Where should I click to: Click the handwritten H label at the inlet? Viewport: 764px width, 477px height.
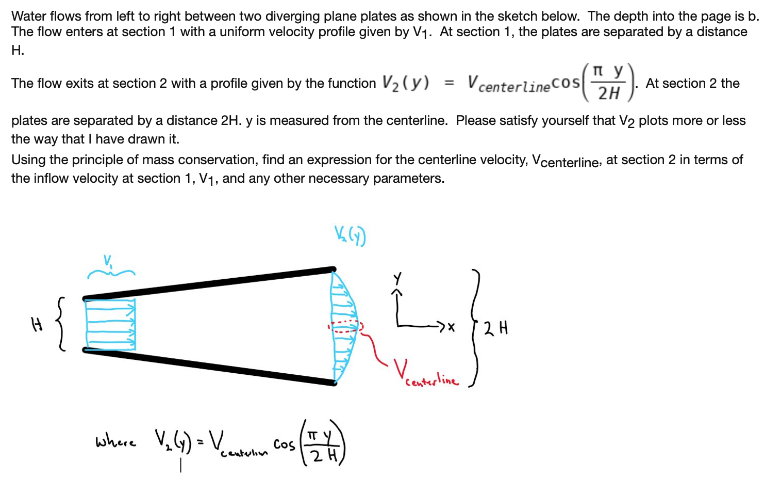(37, 324)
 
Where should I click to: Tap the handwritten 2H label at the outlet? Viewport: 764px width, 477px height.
(496, 328)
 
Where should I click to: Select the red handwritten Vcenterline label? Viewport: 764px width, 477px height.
(426, 373)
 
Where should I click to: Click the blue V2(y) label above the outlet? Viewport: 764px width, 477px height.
(350, 235)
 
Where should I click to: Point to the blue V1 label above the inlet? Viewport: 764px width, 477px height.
(108, 261)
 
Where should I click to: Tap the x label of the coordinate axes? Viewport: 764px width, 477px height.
(451, 327)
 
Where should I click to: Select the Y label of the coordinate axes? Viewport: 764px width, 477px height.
(397, 278)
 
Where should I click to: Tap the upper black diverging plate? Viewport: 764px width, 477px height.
(209, 283)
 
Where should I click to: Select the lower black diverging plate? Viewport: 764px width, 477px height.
(209, 367)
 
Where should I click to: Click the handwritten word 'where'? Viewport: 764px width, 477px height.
(115, 441)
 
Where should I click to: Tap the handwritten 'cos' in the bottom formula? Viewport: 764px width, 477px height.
(284, 444)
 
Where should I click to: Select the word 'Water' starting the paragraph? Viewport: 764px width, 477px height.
(29, 16)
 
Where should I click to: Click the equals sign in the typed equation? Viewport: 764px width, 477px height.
(450, 83)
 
